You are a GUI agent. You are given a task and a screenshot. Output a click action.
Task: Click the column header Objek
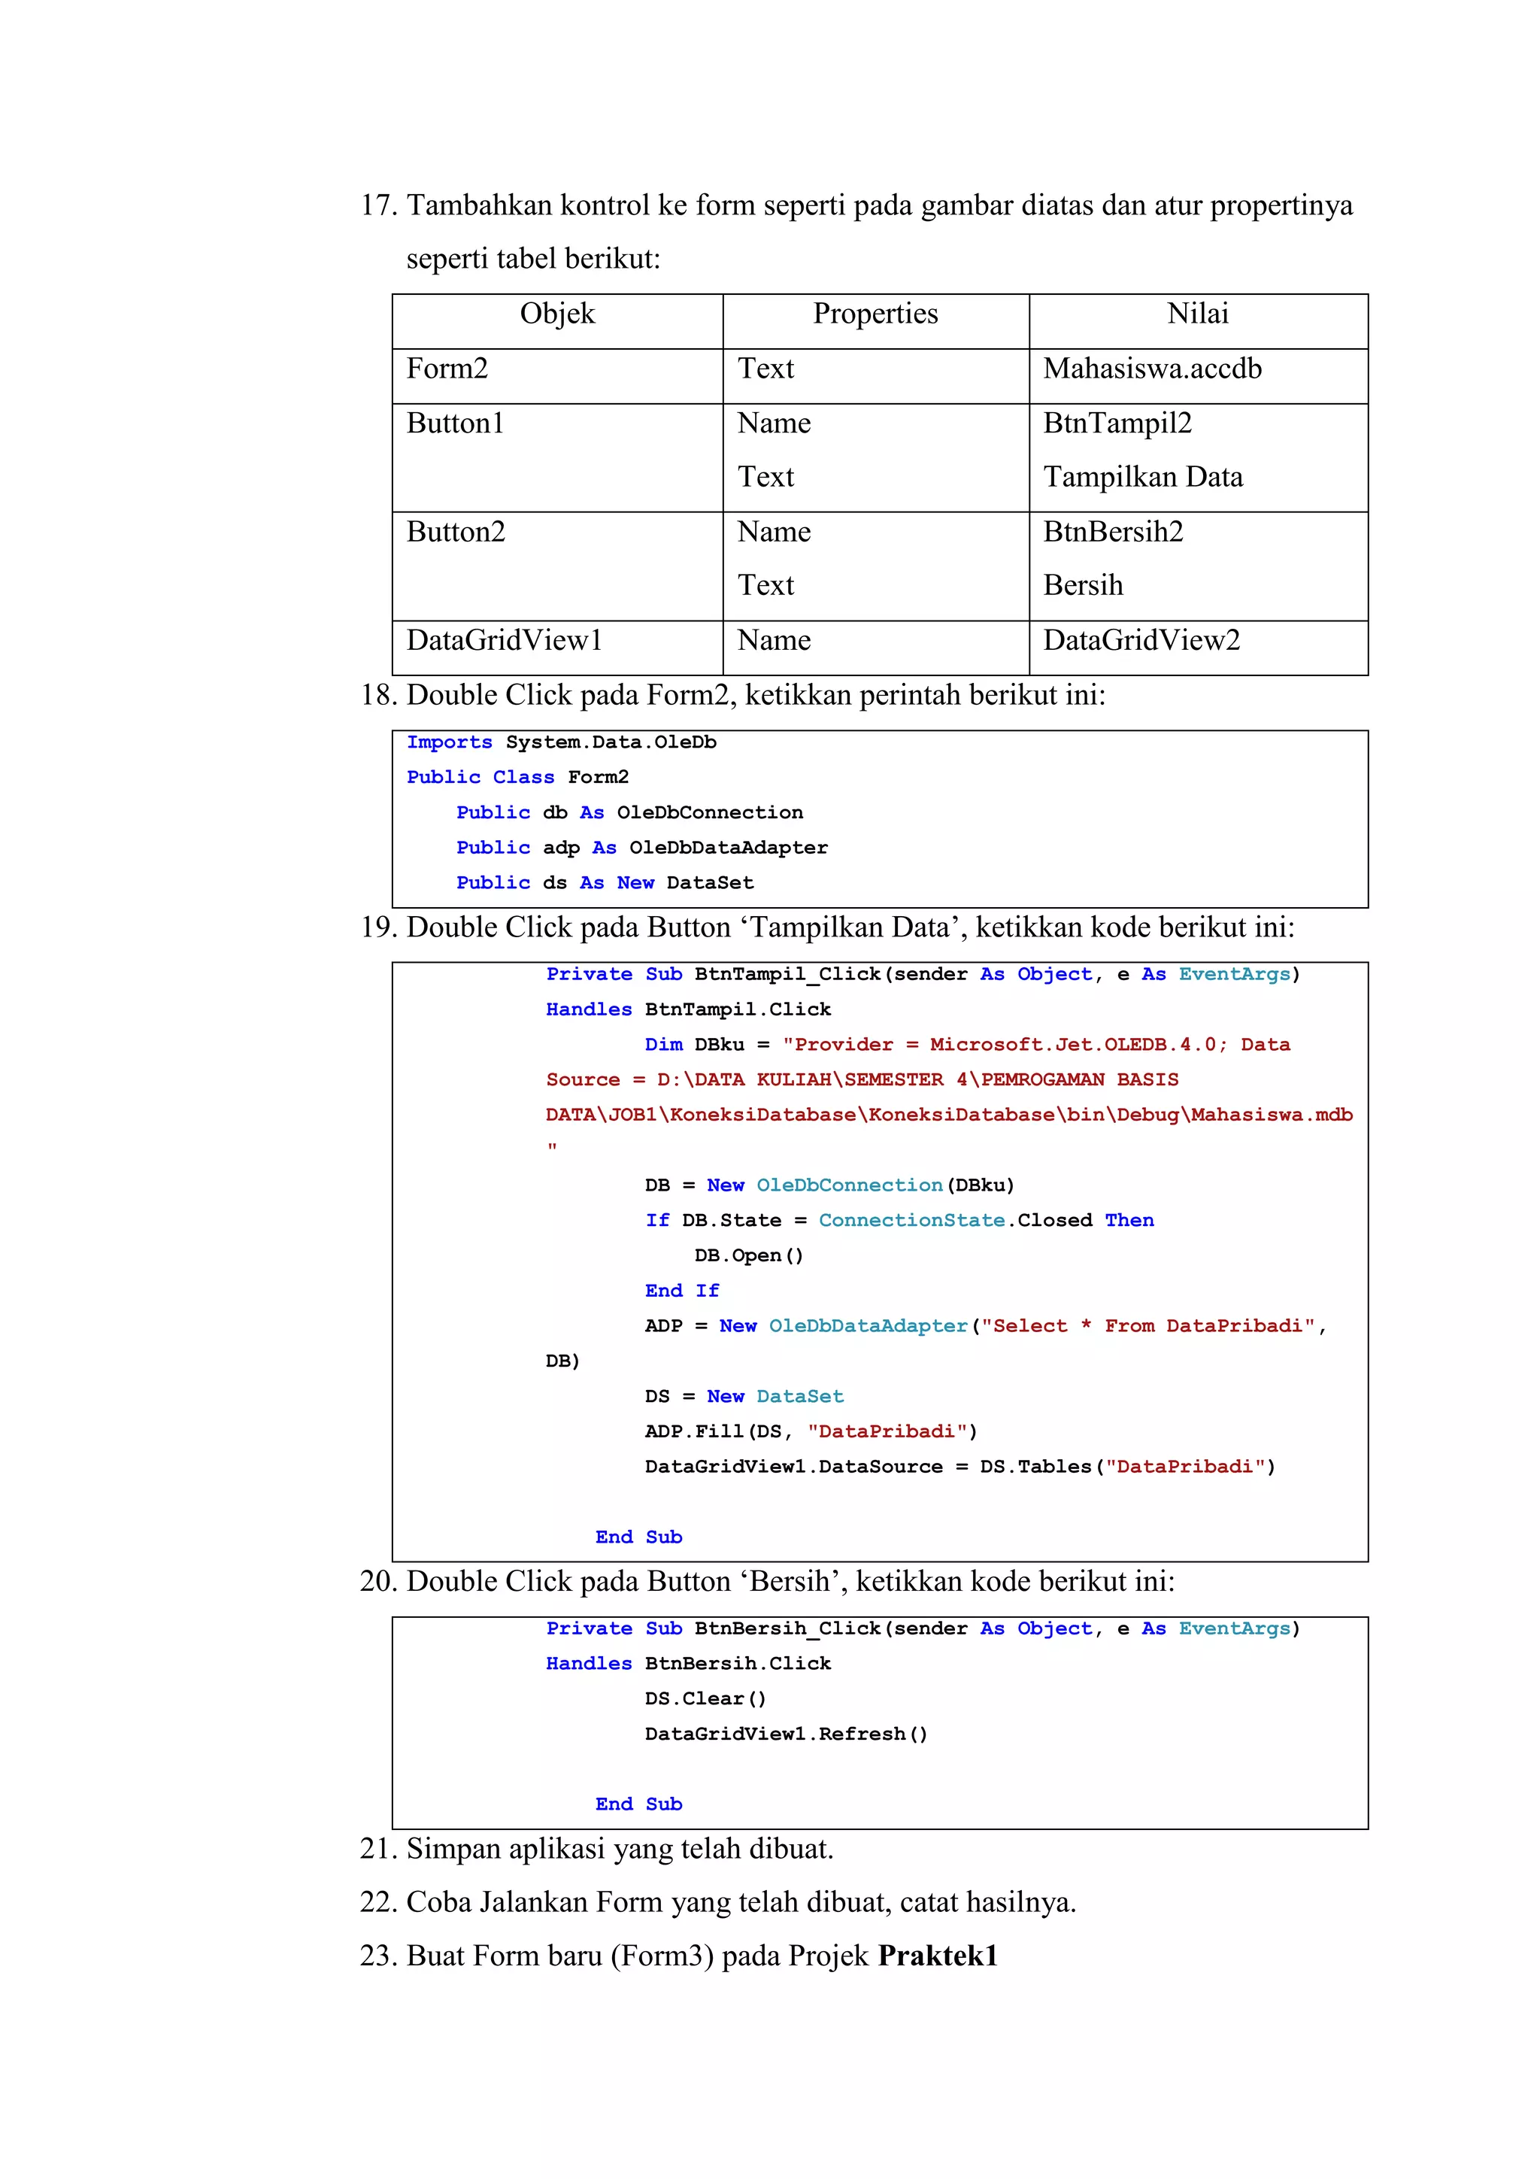(x=557, y=314)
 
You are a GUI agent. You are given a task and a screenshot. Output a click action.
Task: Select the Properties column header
(x=875, y=314)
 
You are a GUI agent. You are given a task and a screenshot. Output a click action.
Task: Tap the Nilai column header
(x=1197, y=314)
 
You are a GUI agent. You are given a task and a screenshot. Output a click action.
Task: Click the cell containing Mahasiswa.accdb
(x=1152, y=369)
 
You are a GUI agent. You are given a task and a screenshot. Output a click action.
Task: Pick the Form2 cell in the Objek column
(x=447, y=369)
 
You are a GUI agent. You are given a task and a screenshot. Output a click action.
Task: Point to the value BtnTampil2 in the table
(x=1117, y=423)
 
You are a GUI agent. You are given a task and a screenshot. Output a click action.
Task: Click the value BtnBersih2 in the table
(x=1113, y=532)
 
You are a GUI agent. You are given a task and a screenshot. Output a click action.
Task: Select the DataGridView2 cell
(x=1141, y=641)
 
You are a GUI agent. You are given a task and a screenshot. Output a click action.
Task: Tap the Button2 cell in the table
(x=456, y=532)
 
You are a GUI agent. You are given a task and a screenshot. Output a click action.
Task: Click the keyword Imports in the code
(x=449, y=742)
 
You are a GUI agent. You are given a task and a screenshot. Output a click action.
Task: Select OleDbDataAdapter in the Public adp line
(x=728, y=848)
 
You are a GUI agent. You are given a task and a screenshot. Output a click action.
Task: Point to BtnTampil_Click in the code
(x=787, y=975)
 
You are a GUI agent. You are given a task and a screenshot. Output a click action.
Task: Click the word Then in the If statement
(x=1129, y=1221)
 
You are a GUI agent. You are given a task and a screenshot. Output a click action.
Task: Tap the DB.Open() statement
(x=749, y=1255)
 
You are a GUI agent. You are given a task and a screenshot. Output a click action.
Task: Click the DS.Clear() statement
(x=705, y=1699)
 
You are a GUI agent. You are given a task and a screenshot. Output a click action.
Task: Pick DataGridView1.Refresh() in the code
(x=786, y=1734)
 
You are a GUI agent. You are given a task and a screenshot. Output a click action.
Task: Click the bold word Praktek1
(x=938, y=1956)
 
